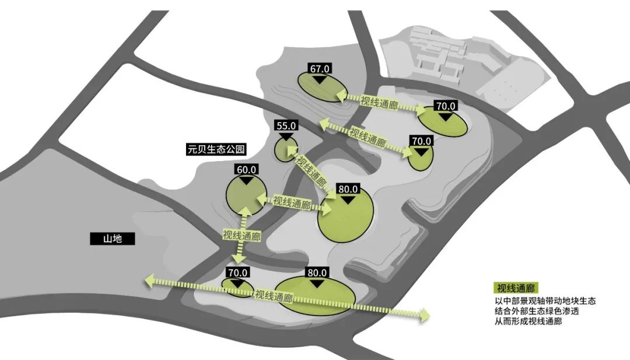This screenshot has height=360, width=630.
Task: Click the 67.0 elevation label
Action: tap(320, 69)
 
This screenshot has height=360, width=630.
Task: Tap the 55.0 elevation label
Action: tap(286, 126)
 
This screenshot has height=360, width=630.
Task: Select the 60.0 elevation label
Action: tap(247, 170)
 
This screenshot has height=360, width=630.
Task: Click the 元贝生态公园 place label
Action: tap(216, 149)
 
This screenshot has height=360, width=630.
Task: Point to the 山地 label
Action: tap(113, 239)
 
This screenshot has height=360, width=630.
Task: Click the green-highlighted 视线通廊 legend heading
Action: tap(516, 288)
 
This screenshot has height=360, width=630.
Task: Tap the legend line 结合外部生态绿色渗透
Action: tap(537, 311)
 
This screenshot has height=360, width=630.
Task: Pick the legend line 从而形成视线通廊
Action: tap(528, 321)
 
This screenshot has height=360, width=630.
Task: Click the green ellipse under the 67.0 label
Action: tap(321, 88)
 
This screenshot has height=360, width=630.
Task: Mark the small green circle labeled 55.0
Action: tap(286, 149)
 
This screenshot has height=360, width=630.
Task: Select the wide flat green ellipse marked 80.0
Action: tap(317, 296)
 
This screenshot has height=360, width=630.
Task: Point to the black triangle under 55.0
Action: tap(286, 136)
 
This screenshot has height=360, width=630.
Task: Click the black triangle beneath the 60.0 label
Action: tap(247, 180)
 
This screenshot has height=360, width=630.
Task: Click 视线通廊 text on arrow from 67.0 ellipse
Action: tap(379, 103)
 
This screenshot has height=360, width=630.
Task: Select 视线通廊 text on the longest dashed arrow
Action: tap(274, 296)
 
